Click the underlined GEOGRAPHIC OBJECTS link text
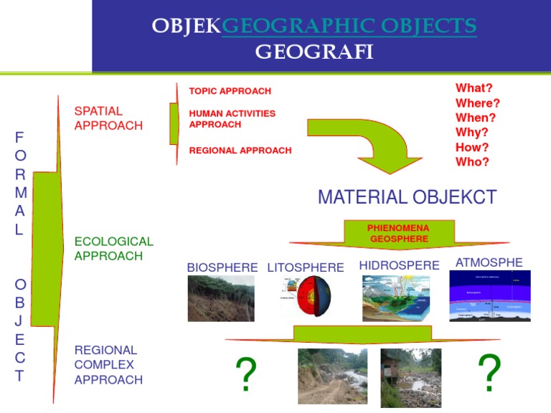pyautogui.click(x=349, y=27)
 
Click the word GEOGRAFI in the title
pyautogui.click(x=314, y=52)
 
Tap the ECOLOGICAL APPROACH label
pyautogui.click(x=113, y=249)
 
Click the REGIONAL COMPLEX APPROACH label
pyautogui.click(x=108, y=365)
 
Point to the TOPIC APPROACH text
pyautogui.click(x=230, y=91)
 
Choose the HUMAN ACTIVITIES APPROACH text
pyautogui.click(x=232, y=118)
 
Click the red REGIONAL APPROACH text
pyautogui.click(x=240, y=151)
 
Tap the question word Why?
pyautogui.click(x=471, y=133)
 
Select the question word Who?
pyautogui.click(x=472, y=162)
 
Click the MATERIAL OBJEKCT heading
pyautogui.click(x=407, y=197)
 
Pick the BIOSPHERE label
pyautogui.click(x=222, y=267)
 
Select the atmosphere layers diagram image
pyautogui.click(x=489, y=295)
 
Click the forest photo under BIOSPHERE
pyautogui.click(x=220, y=298)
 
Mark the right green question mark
pyautogui.click(x=489, y=373)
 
